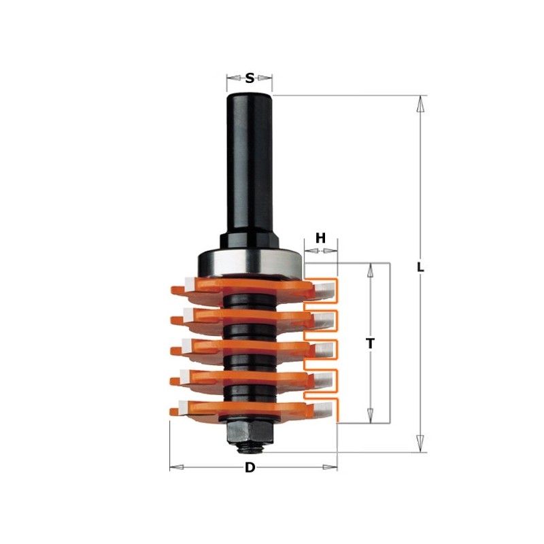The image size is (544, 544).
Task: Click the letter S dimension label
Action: tap(250, 78)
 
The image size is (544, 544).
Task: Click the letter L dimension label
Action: tap(421, 267)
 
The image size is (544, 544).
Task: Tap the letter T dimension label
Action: tap(371, 344)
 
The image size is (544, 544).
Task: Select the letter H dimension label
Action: tap(321, 238)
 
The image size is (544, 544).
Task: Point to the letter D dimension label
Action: tap(250, 468)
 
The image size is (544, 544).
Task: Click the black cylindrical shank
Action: tap(250, 163)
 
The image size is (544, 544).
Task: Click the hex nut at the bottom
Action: tap(250, 428)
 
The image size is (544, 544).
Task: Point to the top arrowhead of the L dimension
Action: tap(422, 103)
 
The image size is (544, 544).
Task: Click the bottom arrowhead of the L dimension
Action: tap(422, 445)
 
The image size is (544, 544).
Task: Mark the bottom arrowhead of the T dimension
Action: tap(371, 415)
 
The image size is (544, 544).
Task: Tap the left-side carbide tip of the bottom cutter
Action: tap(178, 409)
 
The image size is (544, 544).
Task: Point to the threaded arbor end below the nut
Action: tap(250, 445)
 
